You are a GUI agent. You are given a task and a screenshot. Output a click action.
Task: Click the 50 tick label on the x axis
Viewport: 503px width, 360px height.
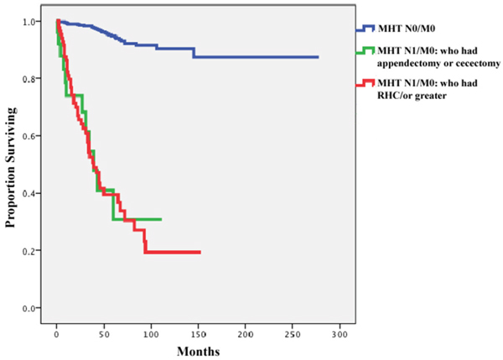point(104,334)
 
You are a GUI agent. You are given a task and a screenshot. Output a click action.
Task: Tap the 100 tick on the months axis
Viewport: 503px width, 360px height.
point(151,334)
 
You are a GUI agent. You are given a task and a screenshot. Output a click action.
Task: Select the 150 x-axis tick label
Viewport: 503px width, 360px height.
point(198,334)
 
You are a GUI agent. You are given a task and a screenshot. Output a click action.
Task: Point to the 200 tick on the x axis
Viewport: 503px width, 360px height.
point(246,334)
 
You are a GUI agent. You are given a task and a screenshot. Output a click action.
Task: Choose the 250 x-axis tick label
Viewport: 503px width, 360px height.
point(293,334)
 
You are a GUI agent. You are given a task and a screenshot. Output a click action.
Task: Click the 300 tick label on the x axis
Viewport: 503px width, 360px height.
point(340,334)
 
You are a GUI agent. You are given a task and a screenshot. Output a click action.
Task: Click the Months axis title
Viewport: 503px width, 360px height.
point(198,352)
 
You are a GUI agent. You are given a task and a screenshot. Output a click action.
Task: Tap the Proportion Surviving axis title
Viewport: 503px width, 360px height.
point(11,167)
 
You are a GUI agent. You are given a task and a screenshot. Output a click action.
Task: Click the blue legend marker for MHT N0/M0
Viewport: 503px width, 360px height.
point(365,29)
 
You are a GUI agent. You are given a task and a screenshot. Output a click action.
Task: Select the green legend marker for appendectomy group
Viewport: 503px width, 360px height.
point(365,50)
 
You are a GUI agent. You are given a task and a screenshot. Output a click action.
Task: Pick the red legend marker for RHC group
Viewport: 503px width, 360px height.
point(365,83)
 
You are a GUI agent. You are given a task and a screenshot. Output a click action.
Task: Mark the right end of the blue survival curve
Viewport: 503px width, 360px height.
point(319,57)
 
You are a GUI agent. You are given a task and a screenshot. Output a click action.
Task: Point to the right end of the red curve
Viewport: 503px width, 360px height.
point(200,253)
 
